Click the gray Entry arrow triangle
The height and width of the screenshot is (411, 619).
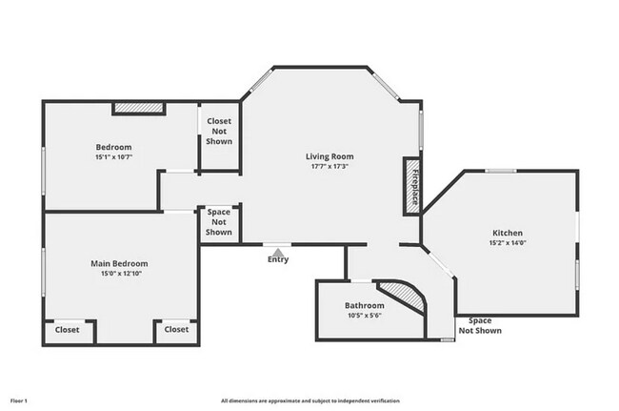[278, 253]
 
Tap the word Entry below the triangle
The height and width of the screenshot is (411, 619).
[278, 259]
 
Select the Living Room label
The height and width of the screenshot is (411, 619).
[329, 156]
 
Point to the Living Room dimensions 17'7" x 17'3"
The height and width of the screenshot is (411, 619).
[329, 166]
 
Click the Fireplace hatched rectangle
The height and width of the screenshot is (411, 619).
[412, 187]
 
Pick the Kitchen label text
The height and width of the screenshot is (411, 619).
[508, 233]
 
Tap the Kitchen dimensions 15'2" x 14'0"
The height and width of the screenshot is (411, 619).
[508, 243]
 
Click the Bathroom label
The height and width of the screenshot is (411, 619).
[365, 305]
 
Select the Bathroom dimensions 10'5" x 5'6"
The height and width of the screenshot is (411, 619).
[365, 316]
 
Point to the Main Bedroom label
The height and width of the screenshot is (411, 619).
[119, 263]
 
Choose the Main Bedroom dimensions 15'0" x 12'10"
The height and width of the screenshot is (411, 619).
[121, 274]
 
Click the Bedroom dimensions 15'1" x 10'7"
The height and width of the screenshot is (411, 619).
[113, 157]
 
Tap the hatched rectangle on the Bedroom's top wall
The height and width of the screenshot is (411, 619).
[139, 108]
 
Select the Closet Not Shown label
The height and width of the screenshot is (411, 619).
[219, 132]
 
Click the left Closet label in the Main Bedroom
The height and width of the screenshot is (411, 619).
[67, 330]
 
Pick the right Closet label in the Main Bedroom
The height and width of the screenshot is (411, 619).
[176, 329]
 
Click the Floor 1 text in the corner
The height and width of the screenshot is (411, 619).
[18, 401]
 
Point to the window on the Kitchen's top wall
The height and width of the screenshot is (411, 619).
[501, 171]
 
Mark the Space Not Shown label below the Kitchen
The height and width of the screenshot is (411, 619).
[480, 325]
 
